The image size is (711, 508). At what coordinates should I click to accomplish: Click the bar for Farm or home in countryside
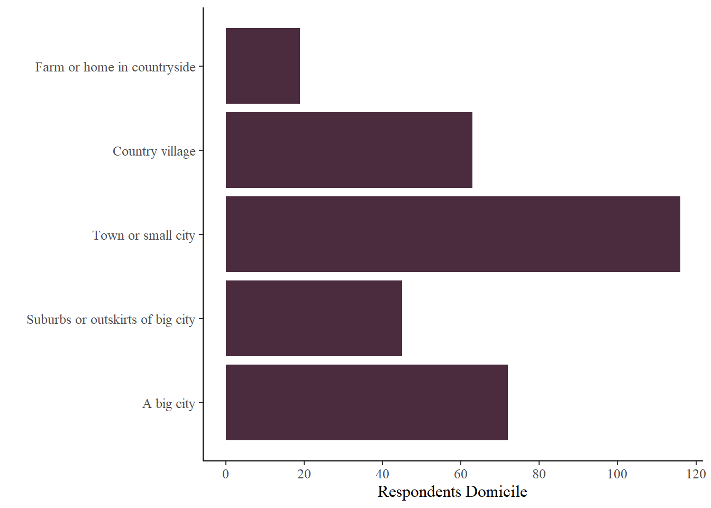click(x=262, y=66)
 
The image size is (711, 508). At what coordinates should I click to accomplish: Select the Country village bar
click(x=349, y=150)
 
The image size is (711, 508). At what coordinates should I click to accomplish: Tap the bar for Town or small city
click(x=453, y=234)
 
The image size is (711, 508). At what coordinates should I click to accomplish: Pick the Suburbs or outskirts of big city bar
click(x=314, y=318)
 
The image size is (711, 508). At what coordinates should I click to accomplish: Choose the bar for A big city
click(x=367, y=402)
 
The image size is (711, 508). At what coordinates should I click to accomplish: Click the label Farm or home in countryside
click(x=115, y=67)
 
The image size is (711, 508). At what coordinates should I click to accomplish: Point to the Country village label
click(x=154, y=151)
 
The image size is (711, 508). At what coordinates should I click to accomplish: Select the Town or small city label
click(x=144, y=235)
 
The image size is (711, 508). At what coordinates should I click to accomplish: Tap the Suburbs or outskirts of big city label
click(x=111, y=320)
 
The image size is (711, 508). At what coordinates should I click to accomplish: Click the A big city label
click(x=169, y=404)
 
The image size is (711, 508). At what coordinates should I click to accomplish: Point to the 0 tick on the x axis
click(x=226, y=474)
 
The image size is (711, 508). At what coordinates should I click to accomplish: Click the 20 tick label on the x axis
click(x=304, y=474)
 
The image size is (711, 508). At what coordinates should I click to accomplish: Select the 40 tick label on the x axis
click(x=382, y=474)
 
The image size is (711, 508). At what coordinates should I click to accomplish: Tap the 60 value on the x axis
click(x=461, y=474)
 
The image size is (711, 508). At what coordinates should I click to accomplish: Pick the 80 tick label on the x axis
click(x=539, y=474)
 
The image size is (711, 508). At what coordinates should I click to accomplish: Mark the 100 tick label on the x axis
click(x=617, y=474)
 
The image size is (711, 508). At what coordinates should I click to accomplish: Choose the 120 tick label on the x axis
click(x=696, y=474)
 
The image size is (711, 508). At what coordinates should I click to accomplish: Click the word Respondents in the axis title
click(x=420, y=492)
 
